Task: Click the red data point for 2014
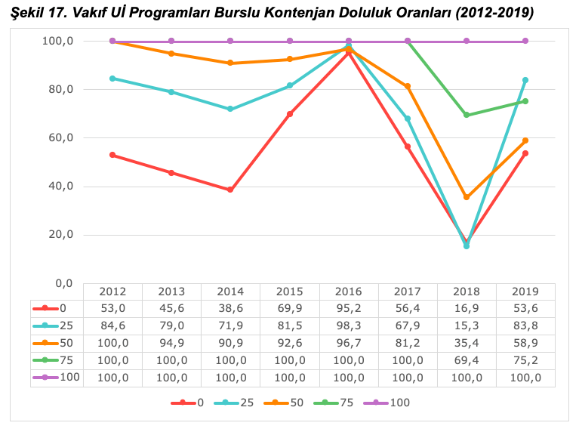pyautogui.click(x=230, y=190)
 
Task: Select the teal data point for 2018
pyautogui.click(x=467, y=246)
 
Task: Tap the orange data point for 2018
pyautogui.click(x=467, y=197)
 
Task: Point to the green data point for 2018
pyautogui.click(x=467, y=115)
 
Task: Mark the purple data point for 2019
pyautogui.click(x=525, y=41)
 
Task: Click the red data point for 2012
pyautogui.click(x=112, y=155)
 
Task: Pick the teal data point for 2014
pyautogui.click(x=230, y=109)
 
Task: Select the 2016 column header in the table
pyautogui.click(x=349, y=292)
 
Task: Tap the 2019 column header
pyautogui.click(x=525, y=292)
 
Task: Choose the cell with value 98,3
pyautogui.click(x=349, y=326)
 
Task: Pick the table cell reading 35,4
pyautogui.click(x=467, y=343)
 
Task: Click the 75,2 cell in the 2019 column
pyautogui.click(x=525, y=360)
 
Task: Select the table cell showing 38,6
pyautogui.click(x=230, y=308)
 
